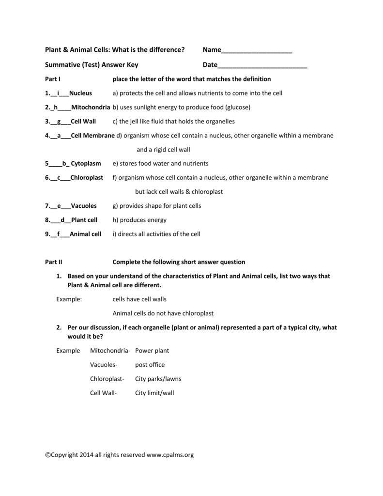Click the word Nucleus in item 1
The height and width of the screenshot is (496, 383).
(x=80, y=93)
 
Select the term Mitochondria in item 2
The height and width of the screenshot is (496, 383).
(x=91, y=107)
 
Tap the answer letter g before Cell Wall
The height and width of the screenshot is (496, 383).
(x=59, y=121)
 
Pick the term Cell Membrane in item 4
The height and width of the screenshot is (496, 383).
(x=92, y=136)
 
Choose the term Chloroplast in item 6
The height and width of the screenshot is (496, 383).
(x=87, y=178)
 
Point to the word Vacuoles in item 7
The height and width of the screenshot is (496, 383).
(x=84, y=206)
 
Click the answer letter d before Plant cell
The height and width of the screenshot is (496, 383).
(x=62, y=220)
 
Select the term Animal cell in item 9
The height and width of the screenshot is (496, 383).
(x=86, y=234)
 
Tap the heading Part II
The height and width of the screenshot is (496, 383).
(x=53, y=262)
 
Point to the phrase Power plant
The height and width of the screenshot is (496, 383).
(x=152, y=350)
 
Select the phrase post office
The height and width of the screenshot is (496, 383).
(x=150, y=365)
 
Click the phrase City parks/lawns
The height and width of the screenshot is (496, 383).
(x=158, y=379)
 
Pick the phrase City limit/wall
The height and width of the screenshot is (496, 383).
(x=154, y=393)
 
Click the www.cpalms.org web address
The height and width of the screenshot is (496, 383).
(x=170, y=455)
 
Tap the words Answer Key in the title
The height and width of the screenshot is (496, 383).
(x=119, y=65)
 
